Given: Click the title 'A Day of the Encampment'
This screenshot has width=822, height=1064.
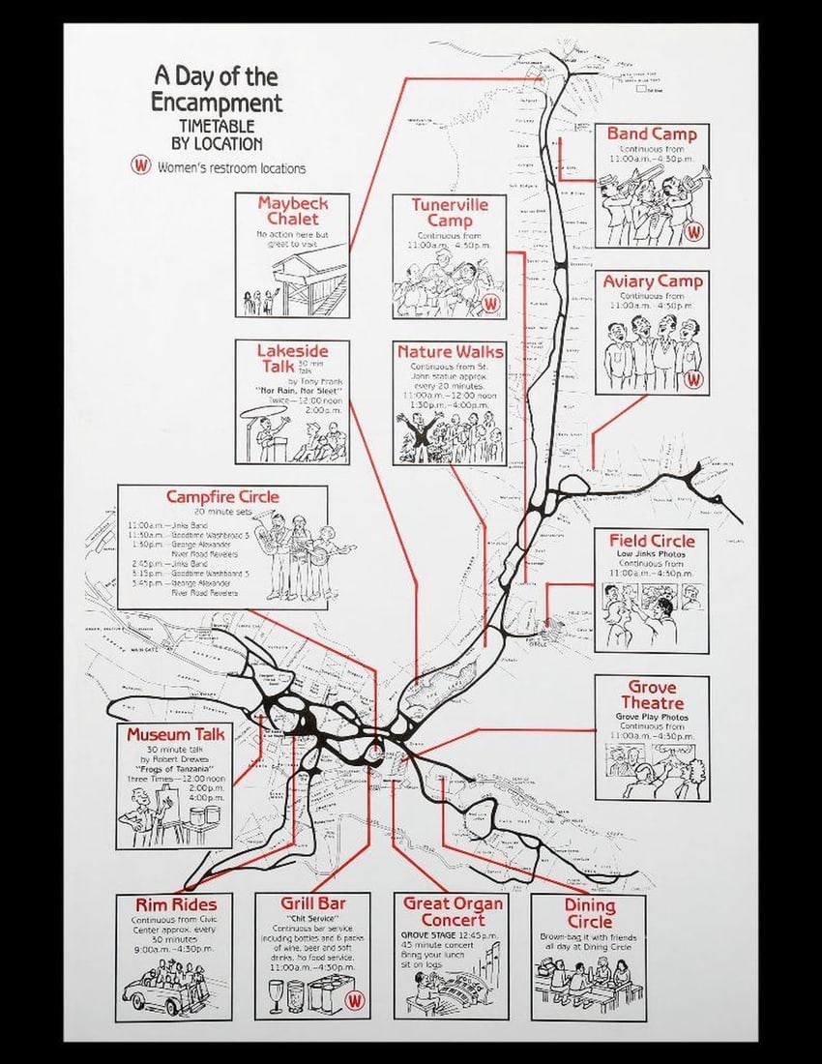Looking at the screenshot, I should tap(216, 89).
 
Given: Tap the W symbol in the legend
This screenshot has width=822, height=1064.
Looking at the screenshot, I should tap(142, 165).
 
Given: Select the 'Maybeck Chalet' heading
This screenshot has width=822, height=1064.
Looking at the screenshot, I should tap(292, 211).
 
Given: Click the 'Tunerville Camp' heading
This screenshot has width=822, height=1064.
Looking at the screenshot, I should tap(450, 213).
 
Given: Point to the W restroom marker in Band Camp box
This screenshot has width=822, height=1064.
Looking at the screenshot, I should tap(693, 232).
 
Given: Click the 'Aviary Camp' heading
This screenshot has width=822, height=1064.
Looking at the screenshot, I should tap(653, 281).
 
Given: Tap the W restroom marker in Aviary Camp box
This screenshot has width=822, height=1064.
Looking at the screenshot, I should tap(693, 379).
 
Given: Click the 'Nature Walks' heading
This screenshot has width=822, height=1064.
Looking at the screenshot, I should tap(450, 352).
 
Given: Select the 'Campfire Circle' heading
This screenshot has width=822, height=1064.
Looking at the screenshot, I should tap(222, 496).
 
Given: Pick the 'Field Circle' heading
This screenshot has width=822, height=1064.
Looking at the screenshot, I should tap(652, 539).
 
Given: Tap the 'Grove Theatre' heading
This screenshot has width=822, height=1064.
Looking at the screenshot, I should tap(652, 695).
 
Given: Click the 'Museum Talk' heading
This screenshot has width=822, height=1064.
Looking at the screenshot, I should tap(176, 734).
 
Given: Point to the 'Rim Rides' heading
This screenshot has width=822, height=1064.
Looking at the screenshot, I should tap(175, 904).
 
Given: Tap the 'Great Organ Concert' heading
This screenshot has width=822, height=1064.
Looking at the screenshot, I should tap(453, 911).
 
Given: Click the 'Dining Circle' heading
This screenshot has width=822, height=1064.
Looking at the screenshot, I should tap(589, 913).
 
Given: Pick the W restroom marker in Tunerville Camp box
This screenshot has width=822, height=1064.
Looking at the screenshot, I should tap(491, 303).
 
